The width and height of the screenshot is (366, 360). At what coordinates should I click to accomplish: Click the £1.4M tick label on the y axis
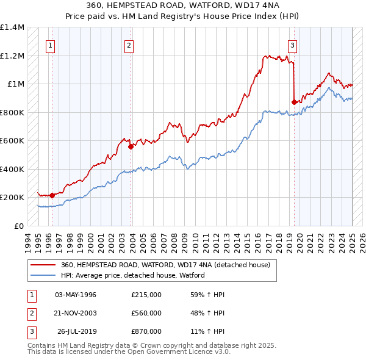click(x=12, y=27)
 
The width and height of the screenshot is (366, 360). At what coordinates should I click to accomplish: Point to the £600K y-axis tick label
click(x=12, y=141)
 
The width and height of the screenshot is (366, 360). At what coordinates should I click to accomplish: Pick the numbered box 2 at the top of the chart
click(x=129, y=45)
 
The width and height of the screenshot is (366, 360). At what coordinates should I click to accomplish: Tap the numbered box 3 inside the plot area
click(x=292, y=45)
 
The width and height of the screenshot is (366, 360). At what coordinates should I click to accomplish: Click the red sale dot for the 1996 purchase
click(x=52, y=196)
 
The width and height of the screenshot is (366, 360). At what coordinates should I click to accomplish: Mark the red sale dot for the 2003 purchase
click(x=131, y=146)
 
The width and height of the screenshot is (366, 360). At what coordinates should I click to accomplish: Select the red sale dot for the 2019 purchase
click(x=294, y=103)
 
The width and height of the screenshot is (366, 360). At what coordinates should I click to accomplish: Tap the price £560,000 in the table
click(x=146, y=313)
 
